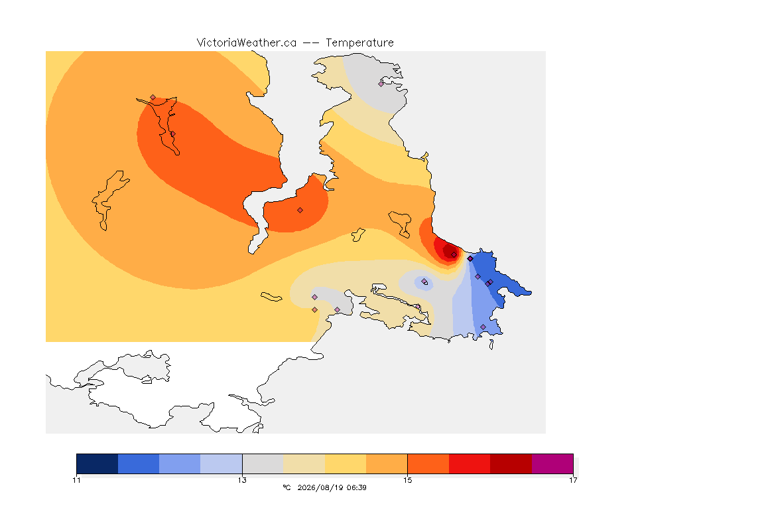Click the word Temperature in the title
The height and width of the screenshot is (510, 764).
(359, 43)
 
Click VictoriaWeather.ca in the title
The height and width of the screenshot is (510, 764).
(247, 43)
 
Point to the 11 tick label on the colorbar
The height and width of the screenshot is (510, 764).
(76, 480)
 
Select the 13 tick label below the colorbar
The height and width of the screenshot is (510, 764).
(242, 480)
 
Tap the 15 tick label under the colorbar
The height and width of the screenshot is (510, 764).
(407, 480)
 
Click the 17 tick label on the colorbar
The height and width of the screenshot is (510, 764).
(573, 480)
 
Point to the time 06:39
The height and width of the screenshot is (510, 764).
(356, 487)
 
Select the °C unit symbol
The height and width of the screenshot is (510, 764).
(286, 487)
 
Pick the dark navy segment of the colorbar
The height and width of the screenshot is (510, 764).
(97, 464)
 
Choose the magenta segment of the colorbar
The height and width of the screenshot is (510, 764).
(552, 464)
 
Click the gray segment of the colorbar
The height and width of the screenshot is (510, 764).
(263, 464)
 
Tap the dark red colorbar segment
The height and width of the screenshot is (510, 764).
(511, 464)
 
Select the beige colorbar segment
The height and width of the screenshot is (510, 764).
(304, 464)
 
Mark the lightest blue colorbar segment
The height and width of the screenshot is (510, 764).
(222, 464)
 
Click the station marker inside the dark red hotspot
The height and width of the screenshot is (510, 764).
(454, 255)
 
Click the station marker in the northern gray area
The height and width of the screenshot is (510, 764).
(381, 84)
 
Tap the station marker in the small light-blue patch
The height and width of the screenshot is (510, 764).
(424, 281)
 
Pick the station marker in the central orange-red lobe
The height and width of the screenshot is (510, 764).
(300, 211)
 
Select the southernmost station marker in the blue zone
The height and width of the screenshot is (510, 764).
(483, 327)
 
